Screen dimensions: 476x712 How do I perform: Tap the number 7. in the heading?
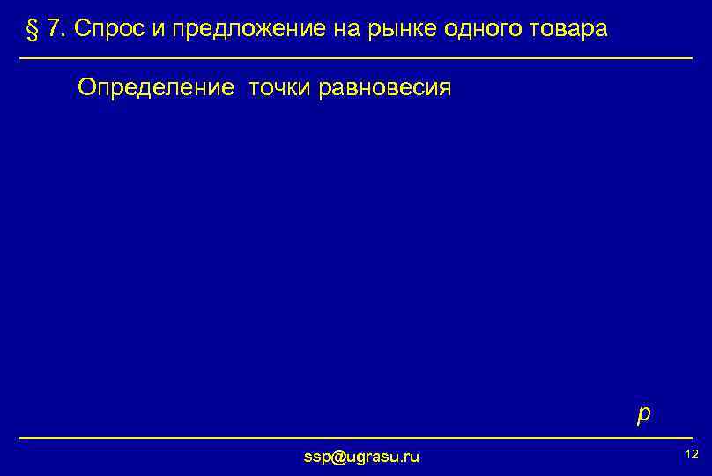pyautogui.click(x=56, y=29)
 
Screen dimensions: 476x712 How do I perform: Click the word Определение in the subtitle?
pyautogui.click(x=156, y=87)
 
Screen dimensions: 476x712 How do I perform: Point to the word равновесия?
pyautogui.click(x=385, y=87)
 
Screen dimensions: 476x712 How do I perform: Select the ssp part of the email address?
pyautogui.click(x=315, y=456)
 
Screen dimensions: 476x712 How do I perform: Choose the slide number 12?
pyautogui.click(x=691, y=453)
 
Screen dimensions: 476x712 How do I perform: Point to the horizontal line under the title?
pyautogui.click(x=356, y=58)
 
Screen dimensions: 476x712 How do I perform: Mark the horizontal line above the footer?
pyautogui.click(x=356, y=437)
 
